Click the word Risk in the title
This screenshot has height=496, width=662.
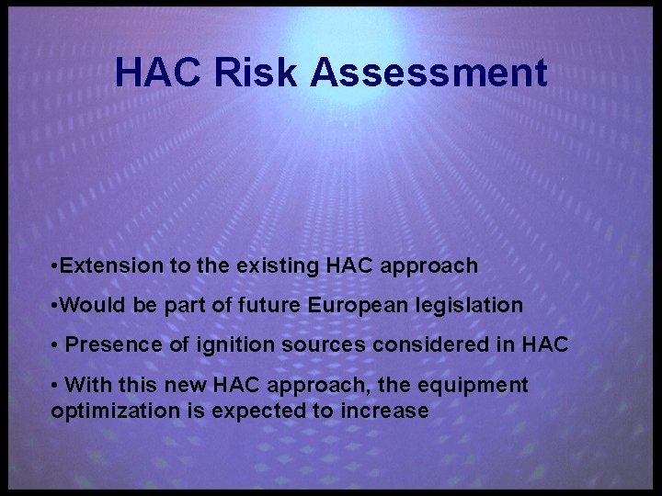pos(257,73)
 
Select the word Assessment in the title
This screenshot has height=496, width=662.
pos(428,73)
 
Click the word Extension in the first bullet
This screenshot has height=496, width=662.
pos(113,266)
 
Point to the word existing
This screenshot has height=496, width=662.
pos(275,266)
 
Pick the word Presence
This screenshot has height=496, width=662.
pos(109,345)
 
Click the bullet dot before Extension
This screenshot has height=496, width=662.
pos(56,267)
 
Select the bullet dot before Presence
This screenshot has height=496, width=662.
pos(56,346)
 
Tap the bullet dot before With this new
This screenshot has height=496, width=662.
pos(56,386)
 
